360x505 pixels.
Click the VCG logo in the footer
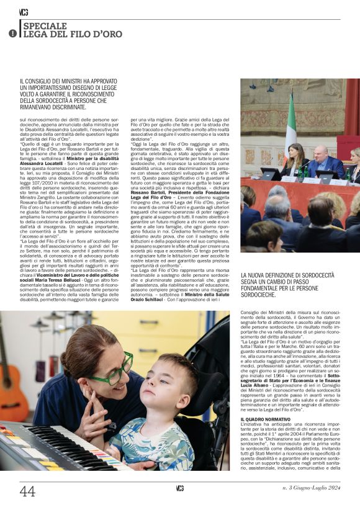(x=180, y=489)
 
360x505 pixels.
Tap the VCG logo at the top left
(x=24, y=12)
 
